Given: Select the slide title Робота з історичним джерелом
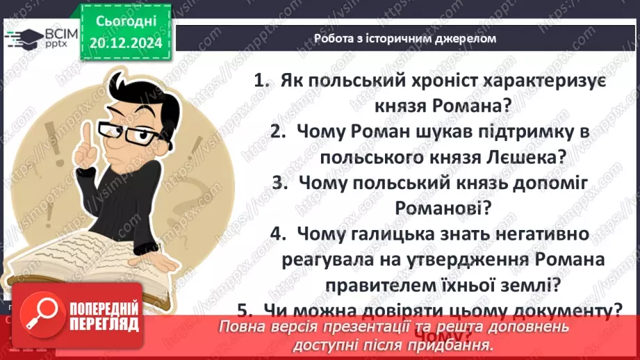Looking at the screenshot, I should click(404, 38).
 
